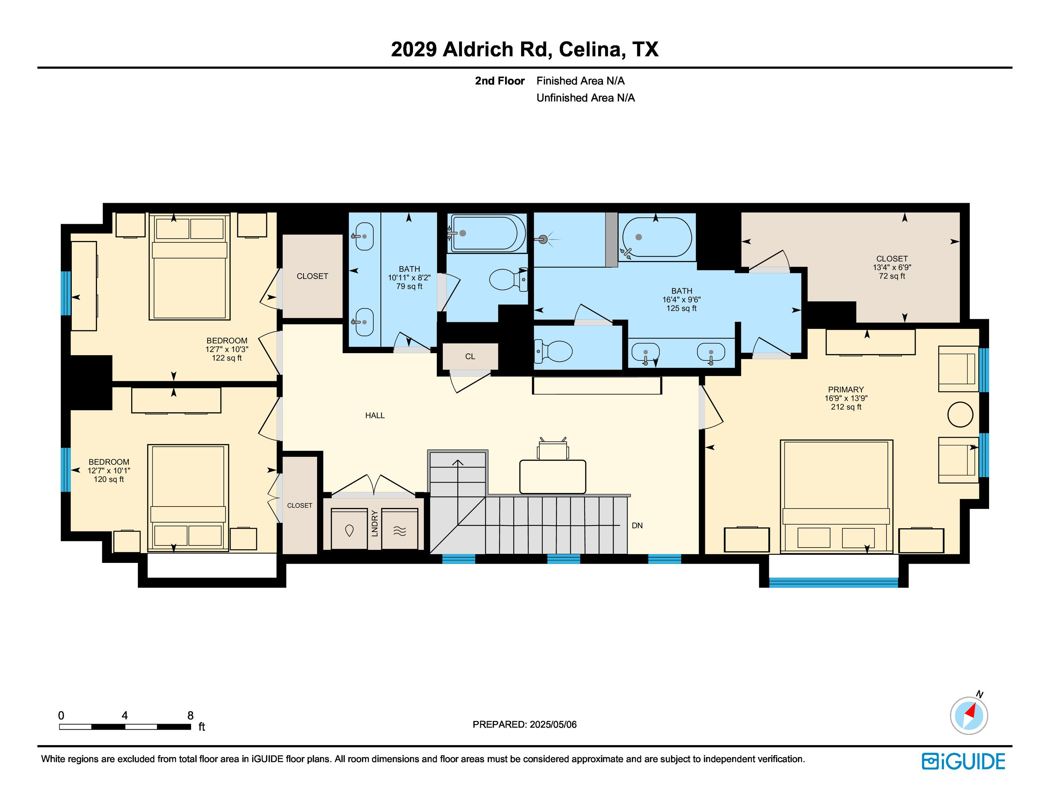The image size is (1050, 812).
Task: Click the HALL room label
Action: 374,415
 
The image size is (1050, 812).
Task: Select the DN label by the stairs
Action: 637,526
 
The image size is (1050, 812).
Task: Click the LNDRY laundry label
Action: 375,523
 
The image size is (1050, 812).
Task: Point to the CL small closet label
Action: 470,357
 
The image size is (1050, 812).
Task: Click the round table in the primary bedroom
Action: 960,414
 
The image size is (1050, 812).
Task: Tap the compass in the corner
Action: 969,715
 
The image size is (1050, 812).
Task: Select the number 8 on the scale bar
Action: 190,715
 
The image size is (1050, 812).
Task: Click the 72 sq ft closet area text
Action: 892,276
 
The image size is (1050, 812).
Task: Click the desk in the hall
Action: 553,477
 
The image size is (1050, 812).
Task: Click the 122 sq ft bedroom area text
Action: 227,358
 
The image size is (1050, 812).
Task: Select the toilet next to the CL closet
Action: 553,351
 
